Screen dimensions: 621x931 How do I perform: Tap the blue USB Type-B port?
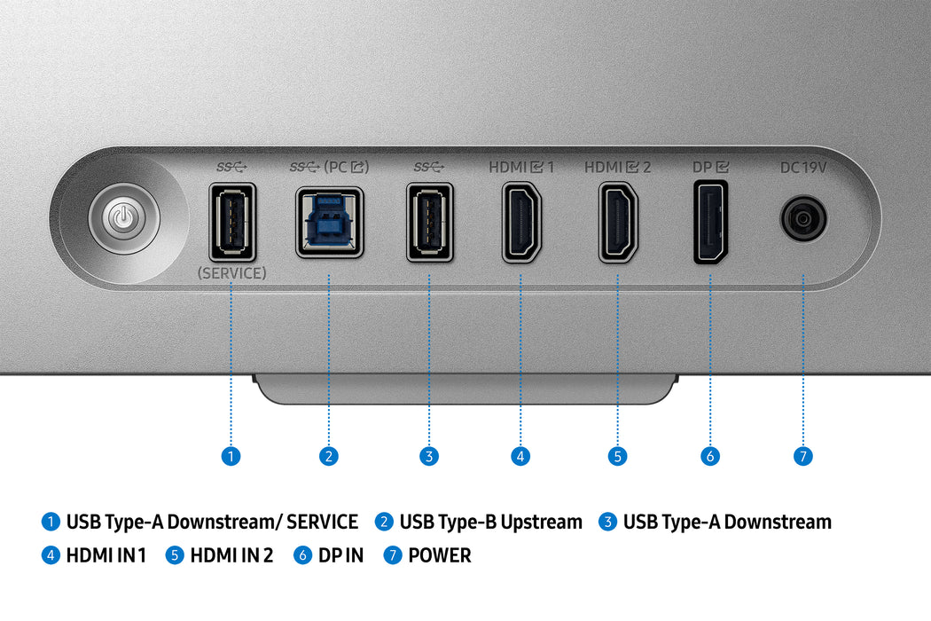coord(329,222)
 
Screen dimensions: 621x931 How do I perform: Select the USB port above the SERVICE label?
coord(231,222)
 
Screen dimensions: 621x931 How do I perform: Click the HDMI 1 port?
coord(521,222)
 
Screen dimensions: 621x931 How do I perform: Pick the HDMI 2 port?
coord(617,222)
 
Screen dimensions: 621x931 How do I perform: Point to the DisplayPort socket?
coord(710,222)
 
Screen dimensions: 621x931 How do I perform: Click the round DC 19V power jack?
coord(803,218)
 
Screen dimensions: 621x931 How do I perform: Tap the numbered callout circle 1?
coord(231,456)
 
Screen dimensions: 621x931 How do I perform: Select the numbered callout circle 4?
coord(521,456)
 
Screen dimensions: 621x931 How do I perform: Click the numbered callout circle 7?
coord(803,456)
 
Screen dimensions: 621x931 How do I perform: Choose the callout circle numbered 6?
coord(709,456)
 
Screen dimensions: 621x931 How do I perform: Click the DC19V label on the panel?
coord(803,167)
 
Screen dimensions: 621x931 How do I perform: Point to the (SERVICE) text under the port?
coord(231,273)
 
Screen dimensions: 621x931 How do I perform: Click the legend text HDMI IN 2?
coord(231,556)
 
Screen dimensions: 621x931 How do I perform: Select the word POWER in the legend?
coord(440,556)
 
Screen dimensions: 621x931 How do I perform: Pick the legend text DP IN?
coord(341,556)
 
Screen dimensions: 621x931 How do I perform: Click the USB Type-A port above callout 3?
coord(429,222)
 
